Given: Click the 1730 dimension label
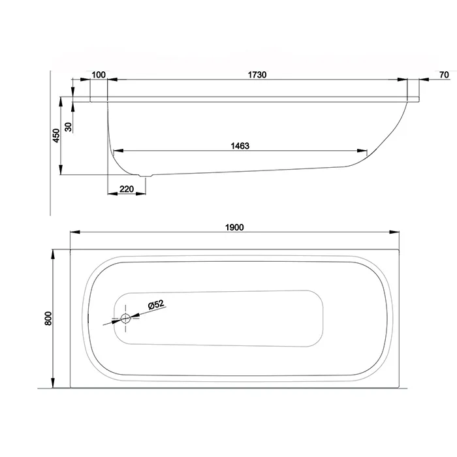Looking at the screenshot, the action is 257,75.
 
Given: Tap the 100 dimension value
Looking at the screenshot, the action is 99,75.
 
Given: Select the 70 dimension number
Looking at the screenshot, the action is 444,75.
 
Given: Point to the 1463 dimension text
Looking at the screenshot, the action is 240,146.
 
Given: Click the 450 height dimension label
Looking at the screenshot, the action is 56,136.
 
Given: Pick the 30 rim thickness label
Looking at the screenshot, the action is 68,127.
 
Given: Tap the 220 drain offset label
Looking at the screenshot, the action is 127,189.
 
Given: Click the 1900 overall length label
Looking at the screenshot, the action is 234,227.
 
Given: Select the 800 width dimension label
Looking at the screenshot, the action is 48,319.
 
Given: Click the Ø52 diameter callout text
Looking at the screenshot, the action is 157,305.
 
